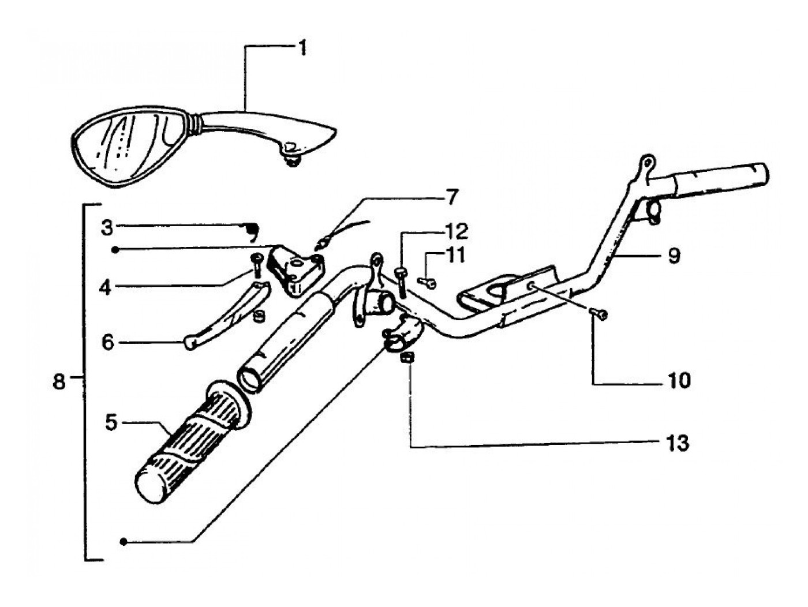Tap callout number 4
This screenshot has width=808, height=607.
click(105, 287)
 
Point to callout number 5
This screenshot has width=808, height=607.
click(111, 422)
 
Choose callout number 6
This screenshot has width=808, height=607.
click(107, 342)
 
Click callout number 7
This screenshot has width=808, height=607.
click(451, 198)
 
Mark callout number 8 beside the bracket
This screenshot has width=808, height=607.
click(59, 381)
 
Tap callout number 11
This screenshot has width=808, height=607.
click(456, 254)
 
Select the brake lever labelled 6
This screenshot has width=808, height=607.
click(225, 317)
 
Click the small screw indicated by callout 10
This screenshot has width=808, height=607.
click(600, 314)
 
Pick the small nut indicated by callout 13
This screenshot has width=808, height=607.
click(407, 358)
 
